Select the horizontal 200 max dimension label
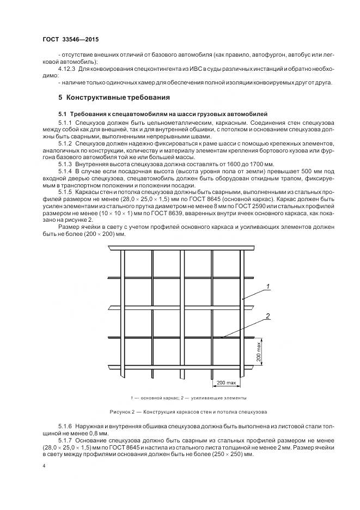click(226, 384)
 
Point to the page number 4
click(43, 466)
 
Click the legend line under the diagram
click(180, 398)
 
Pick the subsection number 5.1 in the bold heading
click(62, 114)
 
